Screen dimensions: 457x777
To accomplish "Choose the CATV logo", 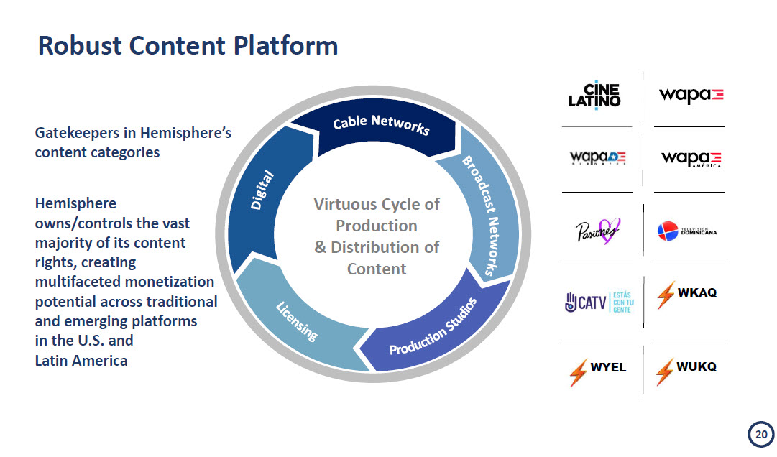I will coord(599,303).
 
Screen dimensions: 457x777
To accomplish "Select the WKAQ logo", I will coord(687,295).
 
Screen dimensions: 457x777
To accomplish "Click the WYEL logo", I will coord(597,371).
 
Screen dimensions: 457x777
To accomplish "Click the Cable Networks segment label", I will coord(381,124).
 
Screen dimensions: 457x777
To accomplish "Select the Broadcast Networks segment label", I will coord(478,215).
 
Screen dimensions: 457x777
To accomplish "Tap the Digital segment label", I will coord(262,190).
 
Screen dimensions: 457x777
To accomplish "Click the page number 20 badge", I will coord(761,435).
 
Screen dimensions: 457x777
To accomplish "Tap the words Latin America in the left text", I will coord(81,361).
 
